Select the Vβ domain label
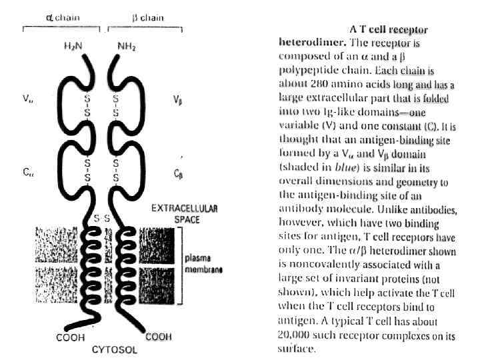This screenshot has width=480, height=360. (x=178, y=101)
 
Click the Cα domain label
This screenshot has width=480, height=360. (x=27, y=172)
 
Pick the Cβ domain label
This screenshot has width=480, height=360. (x=178, y=173)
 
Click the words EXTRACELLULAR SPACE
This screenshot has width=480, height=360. (x=180, y=213)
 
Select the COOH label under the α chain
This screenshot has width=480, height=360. (x=69, y=337)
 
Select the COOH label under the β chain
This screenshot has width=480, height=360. (x=159, y=337)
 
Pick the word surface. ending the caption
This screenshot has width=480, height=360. (x=296, y=349)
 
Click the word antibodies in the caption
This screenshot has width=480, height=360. (x=431, y=209)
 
